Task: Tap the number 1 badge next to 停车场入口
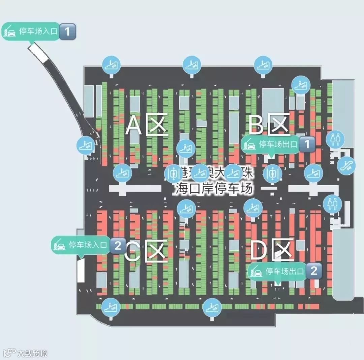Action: pos(68,32)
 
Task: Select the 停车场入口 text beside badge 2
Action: pos(88,245)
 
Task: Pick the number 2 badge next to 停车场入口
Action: pos(118,245)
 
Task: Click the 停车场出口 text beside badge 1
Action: pos(278,145)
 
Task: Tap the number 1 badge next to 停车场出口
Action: pos(307,145)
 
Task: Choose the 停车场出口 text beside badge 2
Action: pos(285,271)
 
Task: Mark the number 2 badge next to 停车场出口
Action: pos(314,271)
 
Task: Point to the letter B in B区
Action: pos(256,125)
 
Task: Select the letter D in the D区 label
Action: pos(258,251)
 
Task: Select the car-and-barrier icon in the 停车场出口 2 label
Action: pos(256,271)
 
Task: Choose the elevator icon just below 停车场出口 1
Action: pos(272,173)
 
